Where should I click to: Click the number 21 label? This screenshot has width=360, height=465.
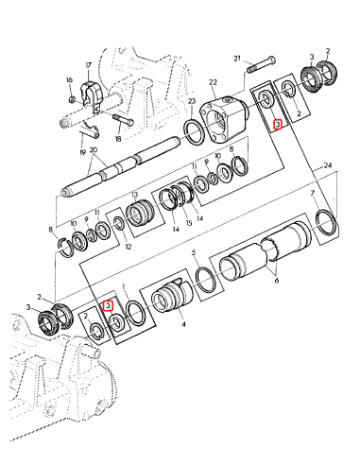[x=238, y=57]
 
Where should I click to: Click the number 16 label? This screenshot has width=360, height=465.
[x=70, y=80]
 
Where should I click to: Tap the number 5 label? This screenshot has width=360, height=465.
[x=193, y=252]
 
